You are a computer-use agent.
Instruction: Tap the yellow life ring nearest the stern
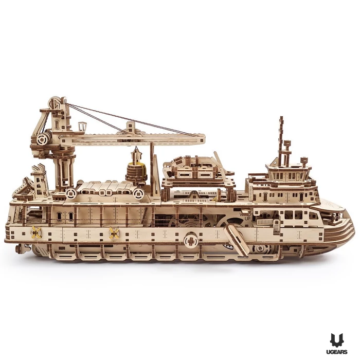click(x=36, y=232)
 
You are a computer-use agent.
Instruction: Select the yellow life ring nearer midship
click(x=114, y=233)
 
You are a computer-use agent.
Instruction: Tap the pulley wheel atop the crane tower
click(x=56, y=103)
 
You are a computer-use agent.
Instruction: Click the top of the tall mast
click(x=281, y=118)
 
